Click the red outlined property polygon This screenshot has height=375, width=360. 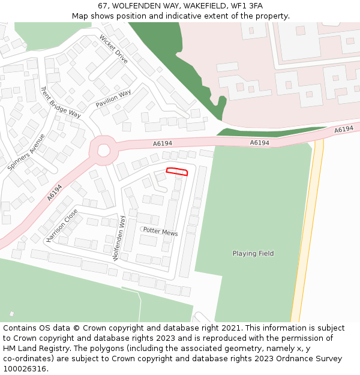pos(177,172)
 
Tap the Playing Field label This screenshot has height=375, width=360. pos(253,254)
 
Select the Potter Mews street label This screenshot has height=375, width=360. pos(160,232)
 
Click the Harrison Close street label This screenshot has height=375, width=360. pos(62,226)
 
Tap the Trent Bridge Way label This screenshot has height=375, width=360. pos(60,102)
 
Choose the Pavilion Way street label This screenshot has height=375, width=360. pos(113,99)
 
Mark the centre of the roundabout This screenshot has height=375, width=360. pos(103,150)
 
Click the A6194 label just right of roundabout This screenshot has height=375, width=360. pos(162,143)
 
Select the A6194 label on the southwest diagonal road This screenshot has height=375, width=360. pos(55,193)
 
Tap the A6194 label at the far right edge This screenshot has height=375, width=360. pos(344,130)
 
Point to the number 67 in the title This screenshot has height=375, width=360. pos(103,5)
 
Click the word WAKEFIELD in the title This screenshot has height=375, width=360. pos(193,5)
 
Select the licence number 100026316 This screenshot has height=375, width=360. pos(25,369)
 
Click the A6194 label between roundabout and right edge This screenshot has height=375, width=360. pos(259,143)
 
